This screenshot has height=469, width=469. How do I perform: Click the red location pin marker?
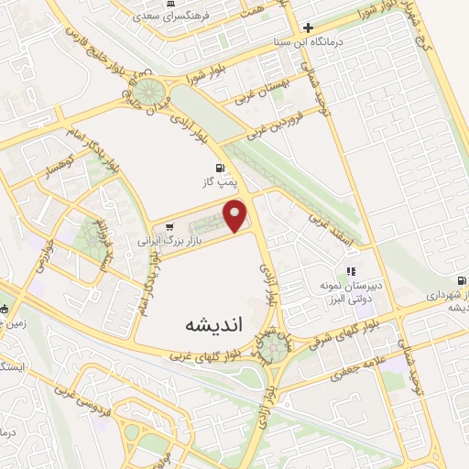coord(237,215)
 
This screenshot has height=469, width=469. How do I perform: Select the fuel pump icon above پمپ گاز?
coord(219,168)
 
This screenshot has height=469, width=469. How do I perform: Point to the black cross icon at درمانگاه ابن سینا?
coord(309,27)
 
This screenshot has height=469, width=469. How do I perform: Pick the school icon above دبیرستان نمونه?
coord(349,271)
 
